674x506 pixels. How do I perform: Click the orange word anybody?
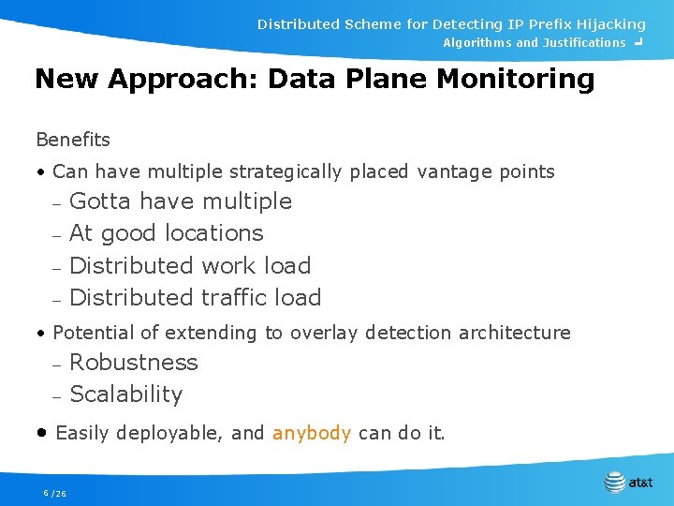click(312, 433)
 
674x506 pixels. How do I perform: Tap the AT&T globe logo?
click(615, 483)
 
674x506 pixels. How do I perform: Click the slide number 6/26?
click(54, 493)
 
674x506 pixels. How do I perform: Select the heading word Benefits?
click(73, 140)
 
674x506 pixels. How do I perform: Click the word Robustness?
click(134, 363)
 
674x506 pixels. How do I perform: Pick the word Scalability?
click(126, 394)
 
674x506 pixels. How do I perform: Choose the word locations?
click(214, 233)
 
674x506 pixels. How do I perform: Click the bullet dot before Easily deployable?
click(42, 433)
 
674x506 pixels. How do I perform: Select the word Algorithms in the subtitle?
click(476, 42)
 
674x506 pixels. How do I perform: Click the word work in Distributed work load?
click(228, 266)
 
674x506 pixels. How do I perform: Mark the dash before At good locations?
click(56, 235)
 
